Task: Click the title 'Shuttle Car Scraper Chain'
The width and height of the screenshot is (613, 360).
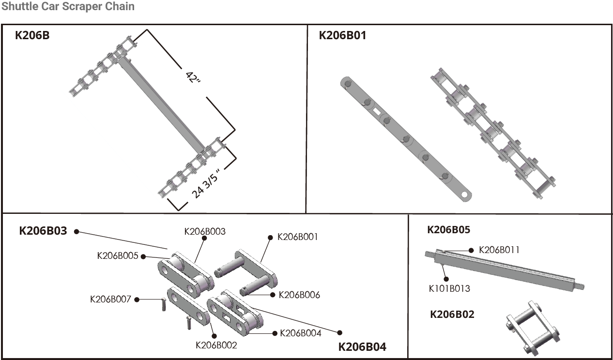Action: tap(68, 7)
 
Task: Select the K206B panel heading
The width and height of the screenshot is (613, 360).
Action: tap(32, 35)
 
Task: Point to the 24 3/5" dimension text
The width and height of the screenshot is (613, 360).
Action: tap(206, 184)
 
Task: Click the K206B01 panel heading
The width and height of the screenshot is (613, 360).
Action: tap(342, 35)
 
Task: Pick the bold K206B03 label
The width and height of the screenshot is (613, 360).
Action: tap(43, 230)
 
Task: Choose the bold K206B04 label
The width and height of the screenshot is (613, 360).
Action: tap(362, 347)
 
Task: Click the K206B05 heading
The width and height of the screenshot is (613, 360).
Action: tap(448, 230)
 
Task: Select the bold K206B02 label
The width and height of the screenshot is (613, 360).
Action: tap(452, 315)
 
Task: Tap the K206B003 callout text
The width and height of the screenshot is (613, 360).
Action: tap(205, 231)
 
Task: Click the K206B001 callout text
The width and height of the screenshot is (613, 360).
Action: tap(297, 237)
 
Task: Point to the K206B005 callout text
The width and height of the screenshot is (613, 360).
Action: tap(118, 255)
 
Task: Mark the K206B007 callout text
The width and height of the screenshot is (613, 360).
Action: tap(110, 299)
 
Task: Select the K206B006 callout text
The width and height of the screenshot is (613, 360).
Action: tap(299, 295)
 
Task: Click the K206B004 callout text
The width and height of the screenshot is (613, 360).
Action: tap(300, 333)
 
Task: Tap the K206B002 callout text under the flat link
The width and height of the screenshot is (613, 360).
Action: tap(216, 345)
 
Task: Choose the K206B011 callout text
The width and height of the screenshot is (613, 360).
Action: tap(499, 250)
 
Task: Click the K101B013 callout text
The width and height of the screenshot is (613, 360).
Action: tap(449, 289)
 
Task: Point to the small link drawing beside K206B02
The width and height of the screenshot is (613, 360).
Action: tap(532, 328)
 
